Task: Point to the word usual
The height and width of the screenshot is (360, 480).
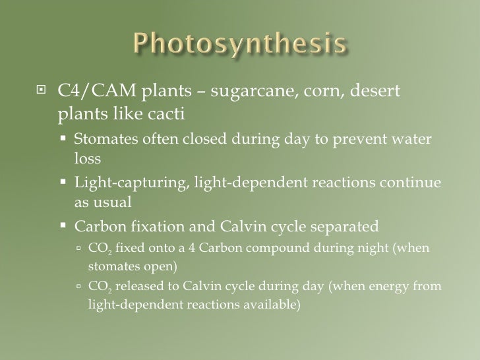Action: tap(121, 202)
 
